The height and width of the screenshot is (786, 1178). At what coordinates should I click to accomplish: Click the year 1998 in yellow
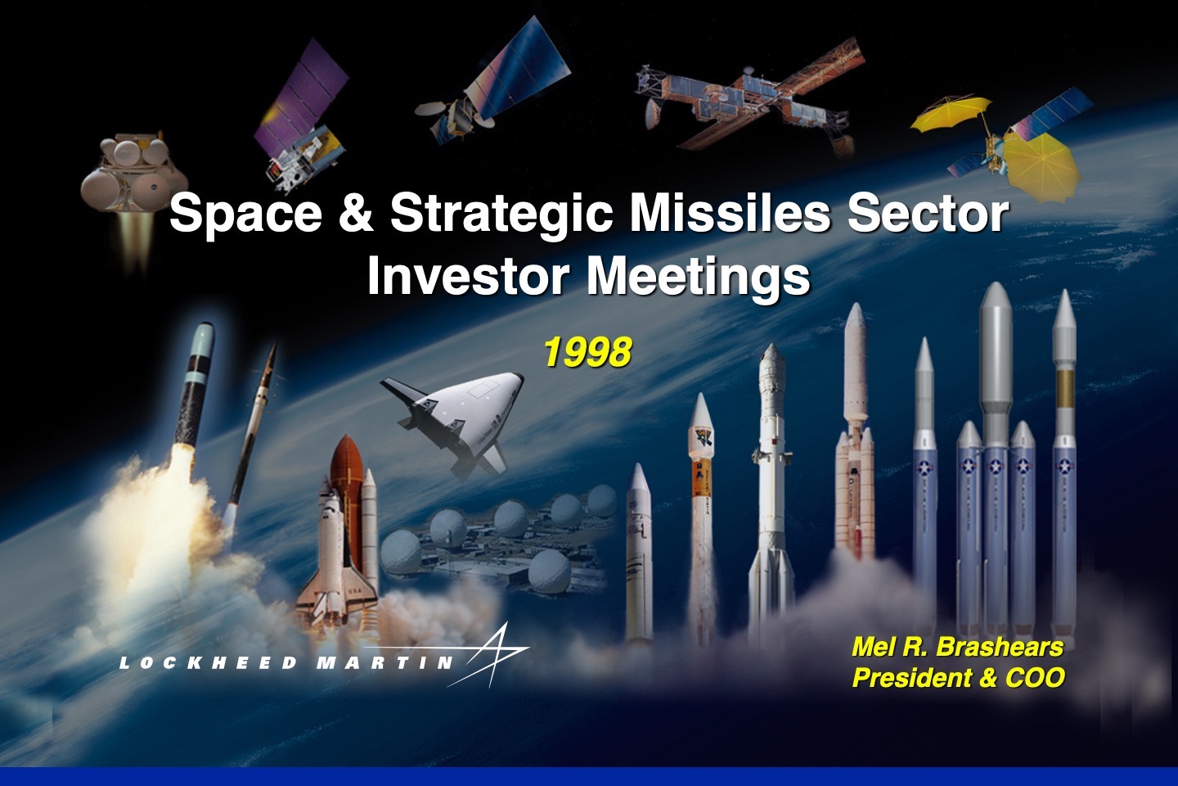point(587,352)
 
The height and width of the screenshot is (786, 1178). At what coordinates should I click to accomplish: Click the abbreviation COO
point(1035,678)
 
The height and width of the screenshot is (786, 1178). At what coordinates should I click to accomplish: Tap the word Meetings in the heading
point(699,277)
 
